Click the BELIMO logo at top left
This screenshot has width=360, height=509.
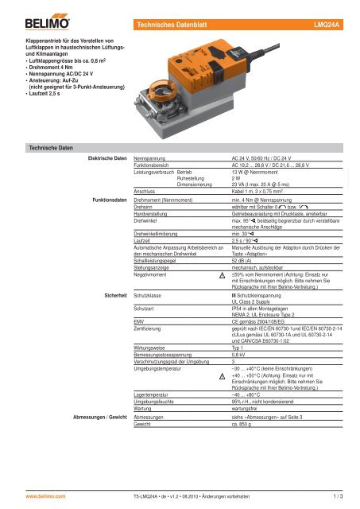click(27, 13)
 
